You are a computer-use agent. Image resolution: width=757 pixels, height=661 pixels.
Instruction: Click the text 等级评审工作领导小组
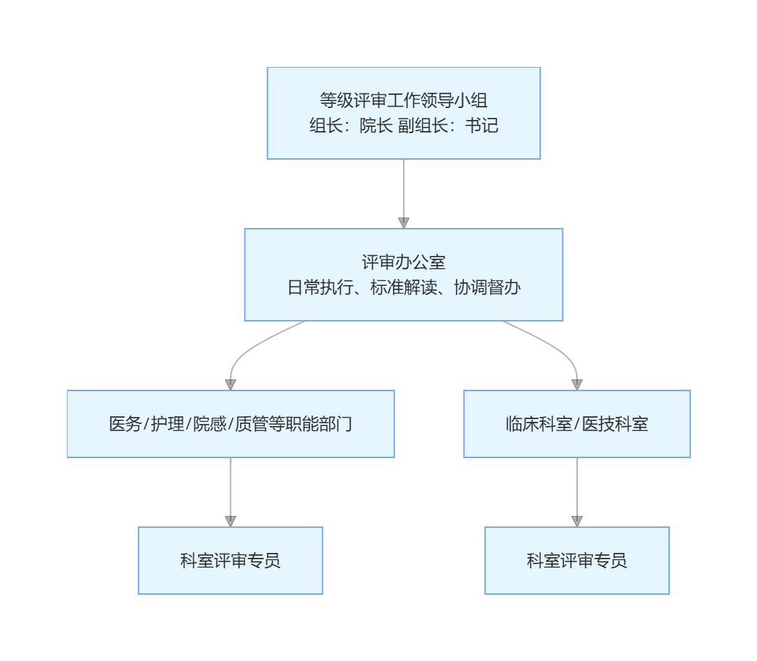(x=404, y=100)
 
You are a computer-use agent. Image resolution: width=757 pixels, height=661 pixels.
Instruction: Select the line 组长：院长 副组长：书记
(x=404, y=126)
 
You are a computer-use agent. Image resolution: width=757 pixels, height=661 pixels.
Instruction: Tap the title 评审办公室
(x=404, y=262)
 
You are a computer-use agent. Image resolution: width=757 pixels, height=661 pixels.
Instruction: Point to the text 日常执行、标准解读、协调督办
(x=404, y=287)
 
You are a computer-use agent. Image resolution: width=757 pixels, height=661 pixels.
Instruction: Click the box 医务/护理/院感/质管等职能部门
(x=231, y=424)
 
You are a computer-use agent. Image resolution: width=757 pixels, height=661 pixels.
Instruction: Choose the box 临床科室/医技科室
(x=577, y=424)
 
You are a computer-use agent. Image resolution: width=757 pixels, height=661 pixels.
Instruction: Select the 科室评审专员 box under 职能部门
(x=231, y=561)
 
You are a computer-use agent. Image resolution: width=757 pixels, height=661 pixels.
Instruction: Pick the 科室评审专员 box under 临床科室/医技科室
(x=577, y=561)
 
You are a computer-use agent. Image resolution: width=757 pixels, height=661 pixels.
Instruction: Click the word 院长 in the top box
(x=376, y=126)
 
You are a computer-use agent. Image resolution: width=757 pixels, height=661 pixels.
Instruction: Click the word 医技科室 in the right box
(x=615, y=424)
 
